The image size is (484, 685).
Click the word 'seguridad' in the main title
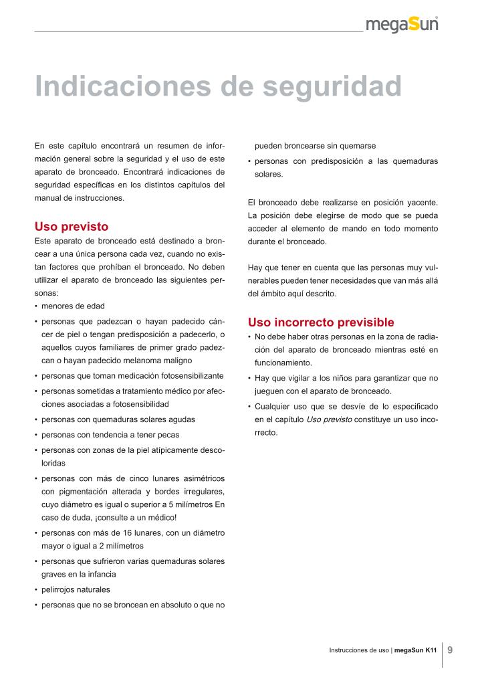[331, 86]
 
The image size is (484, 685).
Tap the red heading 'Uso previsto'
[71, 227]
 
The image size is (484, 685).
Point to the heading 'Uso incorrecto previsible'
[321, 322]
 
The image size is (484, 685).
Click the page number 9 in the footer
[451, 650]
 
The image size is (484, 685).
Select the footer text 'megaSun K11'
[416, 650]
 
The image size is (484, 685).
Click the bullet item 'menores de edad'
[73, 306]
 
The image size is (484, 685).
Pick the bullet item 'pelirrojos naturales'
[76, 589]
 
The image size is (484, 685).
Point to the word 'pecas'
[167, 434]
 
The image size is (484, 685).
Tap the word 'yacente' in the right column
[421, 201]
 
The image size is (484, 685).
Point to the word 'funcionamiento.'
[283, 363]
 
